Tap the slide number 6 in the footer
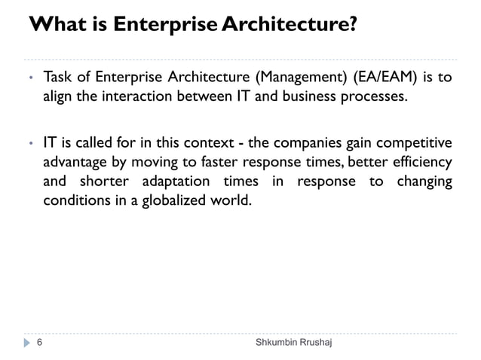tap(40, 343)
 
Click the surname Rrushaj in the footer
tap(314, 343)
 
